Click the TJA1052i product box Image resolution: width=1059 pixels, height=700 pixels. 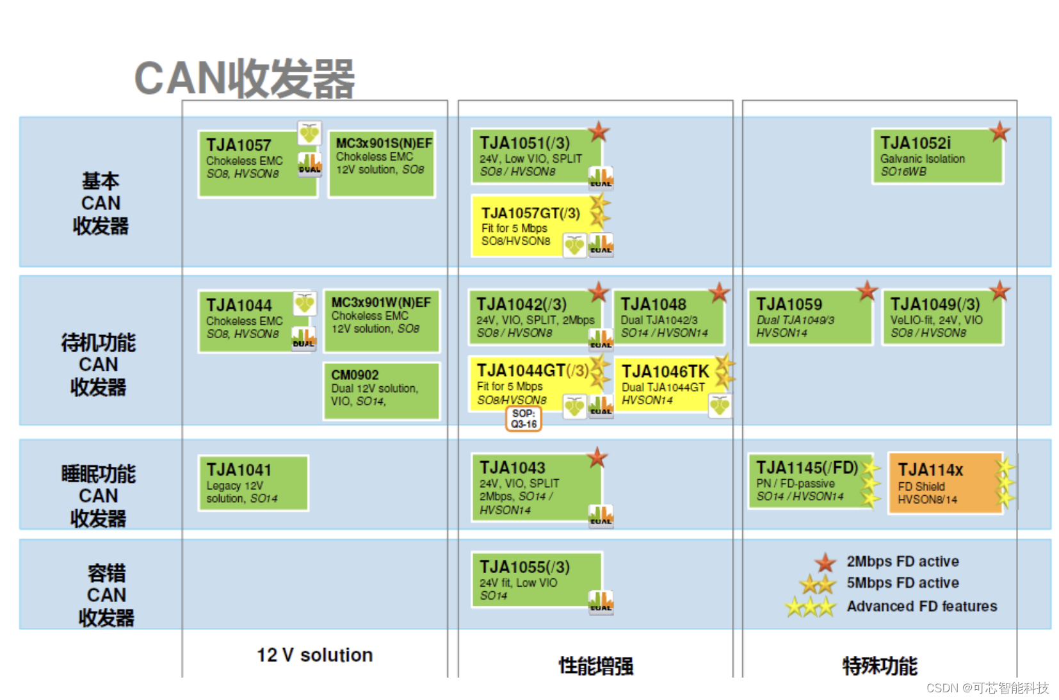[x=937, y=156]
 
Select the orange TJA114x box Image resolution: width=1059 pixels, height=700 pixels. [x=945, y=483]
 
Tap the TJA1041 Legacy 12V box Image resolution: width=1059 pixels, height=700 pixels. [x=254, y=483]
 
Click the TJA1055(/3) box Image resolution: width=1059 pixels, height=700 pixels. [x=537, y=580]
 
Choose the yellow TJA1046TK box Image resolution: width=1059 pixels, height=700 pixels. [x=666, y=385]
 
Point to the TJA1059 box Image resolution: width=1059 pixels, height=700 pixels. [x=809, y=317]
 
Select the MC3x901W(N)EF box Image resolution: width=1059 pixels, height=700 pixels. [x=382, y=320]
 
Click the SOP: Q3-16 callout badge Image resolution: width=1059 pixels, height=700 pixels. [x=524, y=419]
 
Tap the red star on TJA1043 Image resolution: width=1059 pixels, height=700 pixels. [x=597, y=457]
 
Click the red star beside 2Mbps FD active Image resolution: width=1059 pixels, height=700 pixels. [x=825, y=562]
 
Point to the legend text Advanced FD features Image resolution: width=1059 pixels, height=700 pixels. [x=921, y=606]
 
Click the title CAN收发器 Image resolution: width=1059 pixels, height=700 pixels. [x=245, y=78]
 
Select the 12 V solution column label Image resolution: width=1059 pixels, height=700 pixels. [x=314, y=655]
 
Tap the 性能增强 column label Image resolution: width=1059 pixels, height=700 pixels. [x=595, y=665]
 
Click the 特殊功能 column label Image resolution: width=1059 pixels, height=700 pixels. [x=880, y=665]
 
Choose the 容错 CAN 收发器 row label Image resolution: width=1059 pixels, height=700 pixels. [x=106, y=595]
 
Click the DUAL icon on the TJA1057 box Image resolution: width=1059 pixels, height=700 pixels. [x=309, y=165]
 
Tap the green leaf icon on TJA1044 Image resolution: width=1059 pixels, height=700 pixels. [x=305, y=303]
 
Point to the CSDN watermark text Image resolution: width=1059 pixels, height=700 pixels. [x=987, y=688]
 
